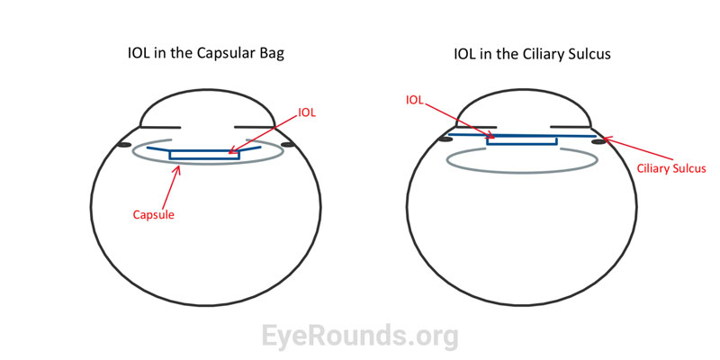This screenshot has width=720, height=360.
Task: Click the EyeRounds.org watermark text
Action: (360, 336)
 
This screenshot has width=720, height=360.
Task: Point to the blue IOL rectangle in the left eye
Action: (205, 155)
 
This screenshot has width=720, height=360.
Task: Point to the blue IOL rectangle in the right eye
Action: (521, 139)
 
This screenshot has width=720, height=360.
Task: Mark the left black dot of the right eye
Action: (444, 140)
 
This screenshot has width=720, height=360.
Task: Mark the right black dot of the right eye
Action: (598, 140)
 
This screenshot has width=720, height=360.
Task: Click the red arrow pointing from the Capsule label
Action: (172, 186)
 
